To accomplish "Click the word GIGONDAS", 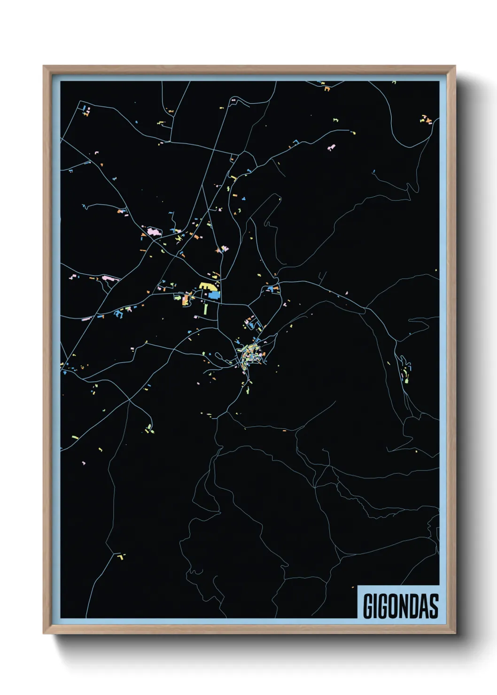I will coord(401,606).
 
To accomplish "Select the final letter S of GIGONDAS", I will coord(434,606).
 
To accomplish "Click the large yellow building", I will coord(207,286).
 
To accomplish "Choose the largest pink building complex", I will coord(153,232).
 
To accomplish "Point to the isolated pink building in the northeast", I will coord(332,147).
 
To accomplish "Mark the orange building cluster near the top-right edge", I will coord(426,119).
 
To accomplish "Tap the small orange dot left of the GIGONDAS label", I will coord(352,587).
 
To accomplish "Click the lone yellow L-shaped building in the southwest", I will coord(121,556).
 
